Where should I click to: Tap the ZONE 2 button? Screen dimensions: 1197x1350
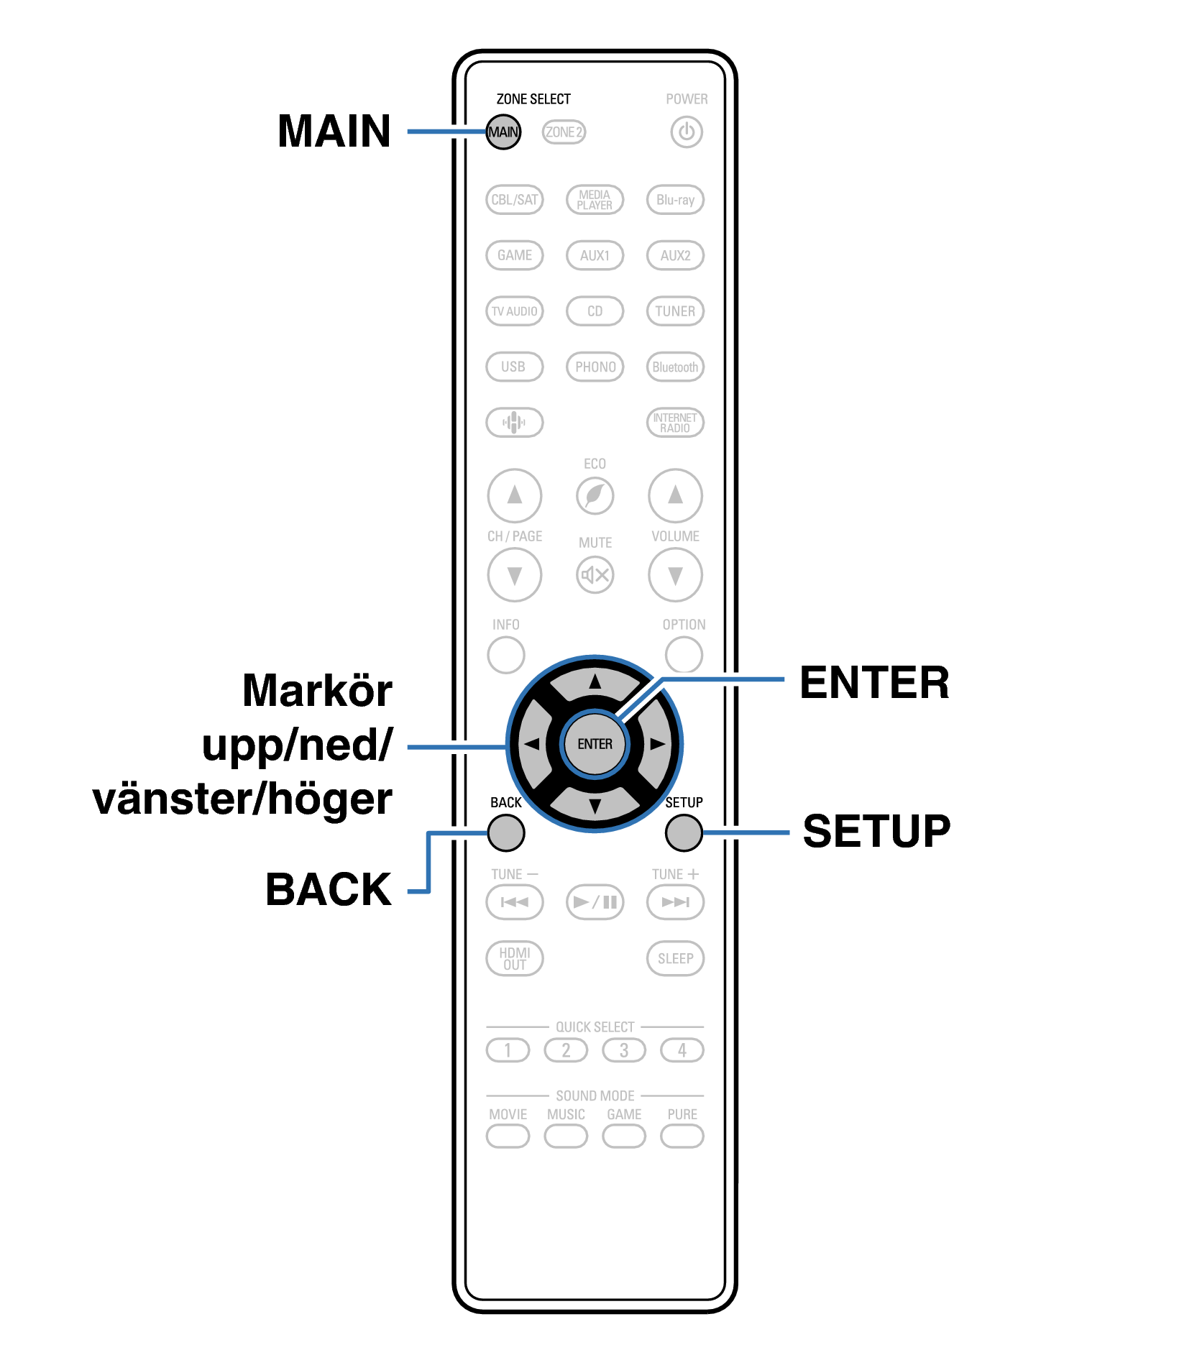click(x=564, y=132)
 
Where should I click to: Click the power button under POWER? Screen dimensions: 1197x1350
click(x=687, y=132)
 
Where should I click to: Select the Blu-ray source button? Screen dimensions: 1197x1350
click(x=675, y=200)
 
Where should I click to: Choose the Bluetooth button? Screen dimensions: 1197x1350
click(x=675, y=367)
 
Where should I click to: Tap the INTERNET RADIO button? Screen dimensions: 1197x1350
click(x=675, y=423)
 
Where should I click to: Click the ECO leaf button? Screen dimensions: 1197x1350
click(x=595, y=496)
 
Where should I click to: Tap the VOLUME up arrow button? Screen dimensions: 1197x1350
click(x=675, y=496)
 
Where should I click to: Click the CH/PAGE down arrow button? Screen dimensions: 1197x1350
click(x=515, y=575)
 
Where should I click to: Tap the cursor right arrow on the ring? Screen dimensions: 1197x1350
click(x=656, y=744)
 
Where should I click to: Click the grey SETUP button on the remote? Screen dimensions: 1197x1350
click(x=684, y=833)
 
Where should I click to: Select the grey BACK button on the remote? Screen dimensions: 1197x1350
click(x=506, y=833)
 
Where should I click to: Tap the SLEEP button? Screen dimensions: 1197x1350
click(x=675, y=959)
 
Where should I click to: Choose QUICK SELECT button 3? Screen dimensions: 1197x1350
click(x=624, y=1050)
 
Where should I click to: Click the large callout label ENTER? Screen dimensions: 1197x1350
click(x=874, y=683)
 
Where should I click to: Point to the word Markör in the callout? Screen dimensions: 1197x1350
click(x=317, y=691)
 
